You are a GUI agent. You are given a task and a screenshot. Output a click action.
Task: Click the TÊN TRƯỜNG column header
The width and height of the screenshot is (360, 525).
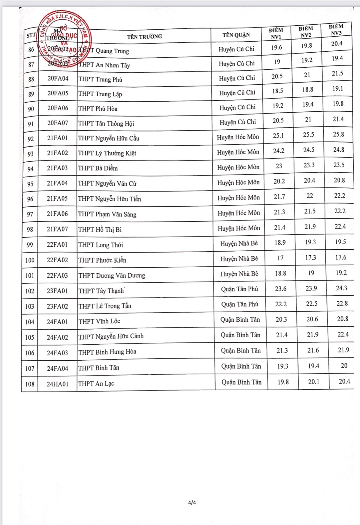coord(144,37)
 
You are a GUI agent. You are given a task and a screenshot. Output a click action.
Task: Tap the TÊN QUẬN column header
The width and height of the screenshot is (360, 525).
coord(236,35)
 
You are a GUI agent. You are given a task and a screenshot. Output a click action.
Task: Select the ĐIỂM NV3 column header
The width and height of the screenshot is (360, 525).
coord(336,30)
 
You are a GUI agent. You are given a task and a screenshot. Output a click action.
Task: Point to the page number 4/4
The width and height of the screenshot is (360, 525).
coord(192,502)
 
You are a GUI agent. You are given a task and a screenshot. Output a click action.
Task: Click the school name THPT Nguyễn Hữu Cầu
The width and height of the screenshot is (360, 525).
coord(109,138)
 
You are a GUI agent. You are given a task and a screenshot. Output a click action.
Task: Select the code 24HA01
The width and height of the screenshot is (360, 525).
coord(57,384)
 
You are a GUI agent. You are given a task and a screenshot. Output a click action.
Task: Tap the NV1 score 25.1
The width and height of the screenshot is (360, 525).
coord(278,136)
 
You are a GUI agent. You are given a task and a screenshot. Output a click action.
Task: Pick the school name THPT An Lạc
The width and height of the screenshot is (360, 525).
coord(96,384)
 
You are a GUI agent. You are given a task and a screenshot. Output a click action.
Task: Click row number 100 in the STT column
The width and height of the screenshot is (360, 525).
coord(30,260)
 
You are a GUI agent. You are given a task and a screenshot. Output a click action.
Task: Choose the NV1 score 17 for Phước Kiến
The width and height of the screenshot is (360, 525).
coord(280,258)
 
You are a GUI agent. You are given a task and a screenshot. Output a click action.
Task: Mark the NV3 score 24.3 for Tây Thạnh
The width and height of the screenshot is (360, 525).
coord(341,288)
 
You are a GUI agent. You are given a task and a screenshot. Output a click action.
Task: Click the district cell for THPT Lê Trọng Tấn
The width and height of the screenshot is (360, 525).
coord(240,304)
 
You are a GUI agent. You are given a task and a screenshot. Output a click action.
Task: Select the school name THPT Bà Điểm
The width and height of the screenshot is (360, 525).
coord(98,168)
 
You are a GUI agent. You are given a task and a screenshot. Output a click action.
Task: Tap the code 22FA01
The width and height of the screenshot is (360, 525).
coord(57,245)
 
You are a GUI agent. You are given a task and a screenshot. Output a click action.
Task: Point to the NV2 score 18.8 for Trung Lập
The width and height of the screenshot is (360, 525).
coord(307,90)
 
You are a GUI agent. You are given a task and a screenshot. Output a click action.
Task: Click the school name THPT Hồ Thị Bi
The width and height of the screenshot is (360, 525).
coord(100,229)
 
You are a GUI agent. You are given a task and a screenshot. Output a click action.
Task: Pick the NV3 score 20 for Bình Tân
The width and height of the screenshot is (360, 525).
coord(344,365)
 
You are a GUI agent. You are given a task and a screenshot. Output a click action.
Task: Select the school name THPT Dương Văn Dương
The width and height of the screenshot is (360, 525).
coord(111,275)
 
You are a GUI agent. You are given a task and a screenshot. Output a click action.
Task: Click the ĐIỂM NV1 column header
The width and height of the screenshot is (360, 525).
coord(276,33)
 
